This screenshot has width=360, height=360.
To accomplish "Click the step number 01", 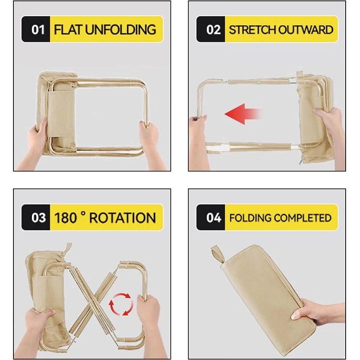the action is click(x=38, y=30).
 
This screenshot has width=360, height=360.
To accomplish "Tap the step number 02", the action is click(x=213, y=30).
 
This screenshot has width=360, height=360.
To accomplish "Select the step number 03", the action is click(x=38, y=218).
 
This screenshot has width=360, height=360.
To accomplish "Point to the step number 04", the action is click(x=213, y=218).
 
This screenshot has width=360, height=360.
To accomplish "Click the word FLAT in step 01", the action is click(x=68, y=30).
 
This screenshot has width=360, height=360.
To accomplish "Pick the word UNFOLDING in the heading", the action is click(x=121, y=30).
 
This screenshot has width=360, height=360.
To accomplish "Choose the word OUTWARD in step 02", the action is click(x=306, y=30).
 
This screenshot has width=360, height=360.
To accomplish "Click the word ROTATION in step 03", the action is click(x=122, y=218).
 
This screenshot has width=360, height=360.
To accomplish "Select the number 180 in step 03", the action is click(x=65, y=218).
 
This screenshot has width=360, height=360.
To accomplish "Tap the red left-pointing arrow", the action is click(x=243, y=114).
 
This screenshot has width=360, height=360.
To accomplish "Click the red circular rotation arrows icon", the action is click(x=121, y=304).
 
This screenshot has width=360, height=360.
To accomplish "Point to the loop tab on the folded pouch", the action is click(x=217, y=255).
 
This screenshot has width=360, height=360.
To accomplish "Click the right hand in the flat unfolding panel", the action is click(x=150, y=142).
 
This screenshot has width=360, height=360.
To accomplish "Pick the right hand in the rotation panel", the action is click(x=149, y=321).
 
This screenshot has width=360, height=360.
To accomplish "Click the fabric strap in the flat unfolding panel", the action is click(x=61, y=115).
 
